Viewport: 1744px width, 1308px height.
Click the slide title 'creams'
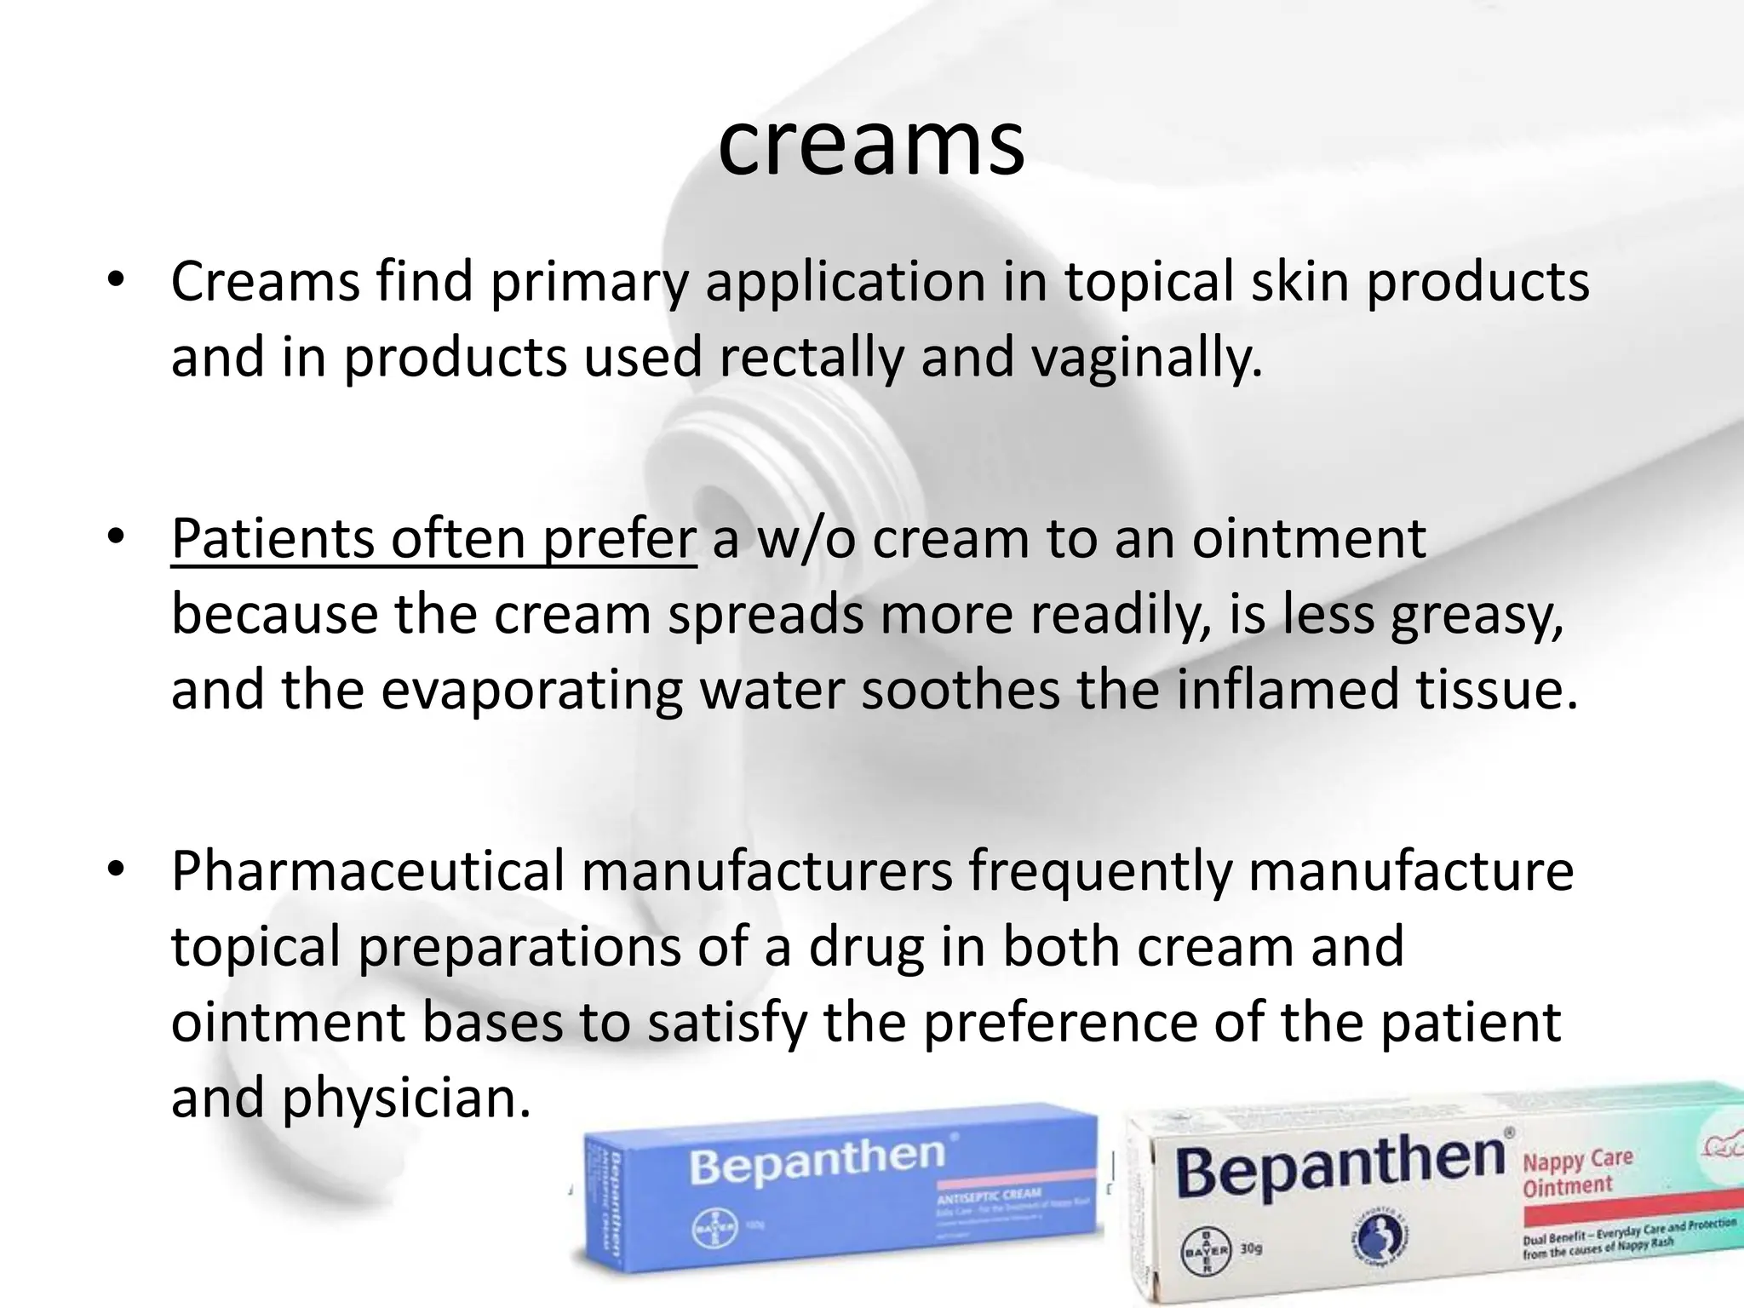point(871,145)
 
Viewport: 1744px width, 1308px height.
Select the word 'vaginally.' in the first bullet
point(1145,357)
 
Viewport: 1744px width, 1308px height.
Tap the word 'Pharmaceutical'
point(368,871)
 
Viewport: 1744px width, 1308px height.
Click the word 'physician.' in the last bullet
point(407,1098)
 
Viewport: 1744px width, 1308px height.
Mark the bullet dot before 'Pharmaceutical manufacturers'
point(117,870)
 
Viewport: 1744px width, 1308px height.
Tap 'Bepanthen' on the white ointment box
point(1339,1168)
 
